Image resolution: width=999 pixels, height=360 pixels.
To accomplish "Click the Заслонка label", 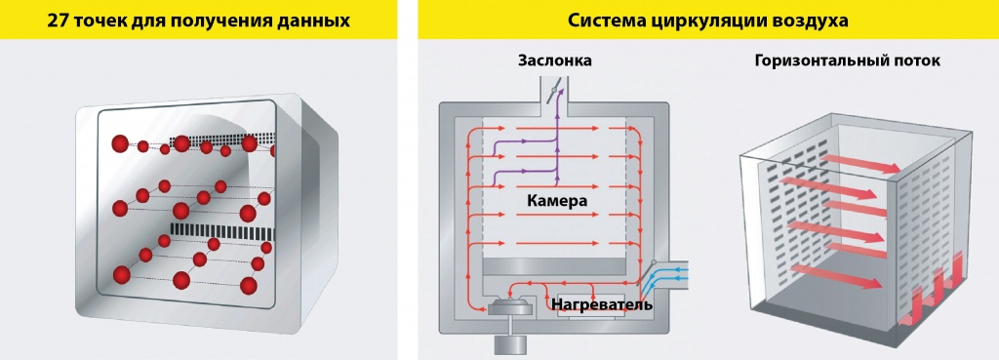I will coord(554,61).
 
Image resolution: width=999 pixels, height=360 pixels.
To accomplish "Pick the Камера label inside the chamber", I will coord(557,201).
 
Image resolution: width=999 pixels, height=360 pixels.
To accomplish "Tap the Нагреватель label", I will coord(602,305).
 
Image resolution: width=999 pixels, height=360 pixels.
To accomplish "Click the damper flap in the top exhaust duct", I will coord(554,93).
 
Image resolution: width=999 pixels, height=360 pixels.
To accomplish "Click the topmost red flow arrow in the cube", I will coord(842,161).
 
